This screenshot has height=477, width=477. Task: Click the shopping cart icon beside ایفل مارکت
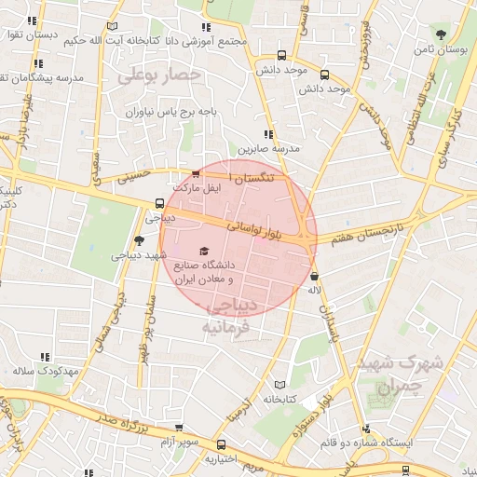point(195,173)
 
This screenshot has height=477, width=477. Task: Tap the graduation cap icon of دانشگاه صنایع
point(204,251)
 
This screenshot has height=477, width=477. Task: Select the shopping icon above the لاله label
point(315,276)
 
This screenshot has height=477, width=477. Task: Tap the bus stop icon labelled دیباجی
point(160,203)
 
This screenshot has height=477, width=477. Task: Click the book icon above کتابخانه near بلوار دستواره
point(279,384)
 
